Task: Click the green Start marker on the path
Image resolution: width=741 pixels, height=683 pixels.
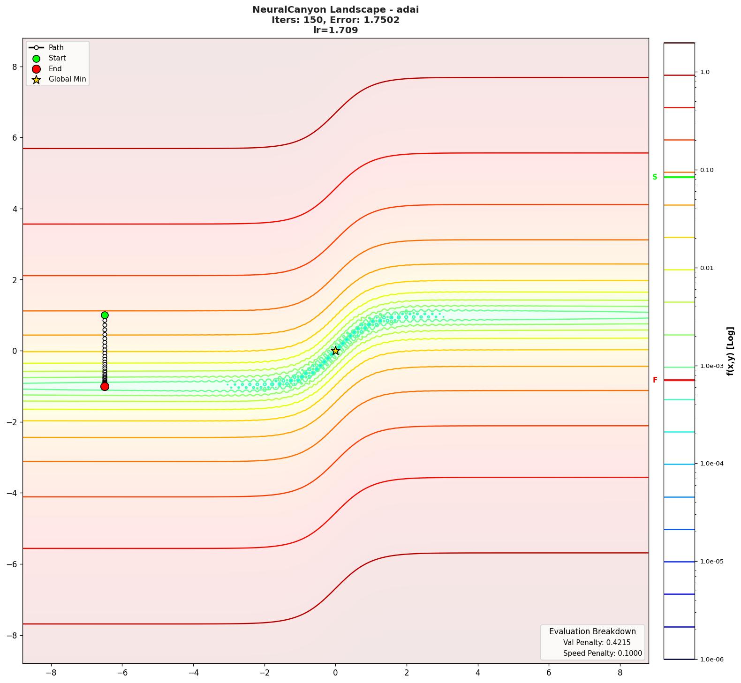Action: pyautogui.click(x=105, y=315)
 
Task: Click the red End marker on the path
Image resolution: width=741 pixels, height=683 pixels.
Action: pyautogui.click(x=105, y=386)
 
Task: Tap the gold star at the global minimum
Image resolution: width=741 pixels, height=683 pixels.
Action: pyautogui.click(x=335, y=351)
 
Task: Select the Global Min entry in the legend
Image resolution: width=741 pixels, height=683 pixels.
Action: pyautogui.click(x=67, y=79)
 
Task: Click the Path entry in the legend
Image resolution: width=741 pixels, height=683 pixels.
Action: pyautogui.click(x=56, y=48)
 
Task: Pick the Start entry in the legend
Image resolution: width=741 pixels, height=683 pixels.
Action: pyautogui.click(x=57, y=58)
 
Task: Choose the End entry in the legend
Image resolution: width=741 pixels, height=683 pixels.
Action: pyautogui.click(x=55, y=68)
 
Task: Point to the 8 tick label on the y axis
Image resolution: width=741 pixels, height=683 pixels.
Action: pyautogui.click(x=15, y=67)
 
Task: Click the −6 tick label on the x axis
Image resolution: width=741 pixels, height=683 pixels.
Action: pyautogui.click(x=122, y=673)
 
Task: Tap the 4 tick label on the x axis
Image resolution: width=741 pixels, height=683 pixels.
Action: pyautogui.click(x=478, y=673)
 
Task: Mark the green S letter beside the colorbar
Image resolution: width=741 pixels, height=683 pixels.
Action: pyautogui.click(x=655, y=177)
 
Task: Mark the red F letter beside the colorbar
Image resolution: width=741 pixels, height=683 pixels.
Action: pyautogui.click(x=655, y=380)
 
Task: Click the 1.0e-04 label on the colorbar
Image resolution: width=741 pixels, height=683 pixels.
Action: pyautogui.click(x=711, y=464)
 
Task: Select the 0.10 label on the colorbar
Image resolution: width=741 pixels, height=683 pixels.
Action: pyautogui.click(x=707, y=170)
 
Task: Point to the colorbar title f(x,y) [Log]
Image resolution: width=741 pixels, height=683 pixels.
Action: pyautogui.click(x=730, y=351)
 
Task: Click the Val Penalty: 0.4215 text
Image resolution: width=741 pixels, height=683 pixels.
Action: pyautogui.click(x=597, y=642)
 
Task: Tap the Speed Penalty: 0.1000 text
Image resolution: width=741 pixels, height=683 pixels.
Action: pyautogui.click(x=602, y=653)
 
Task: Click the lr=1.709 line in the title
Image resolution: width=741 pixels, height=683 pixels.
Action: pyautogui.click(x=335, y=30)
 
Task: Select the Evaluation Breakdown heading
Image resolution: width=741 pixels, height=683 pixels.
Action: pyautogui.click(x=592, y=631)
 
